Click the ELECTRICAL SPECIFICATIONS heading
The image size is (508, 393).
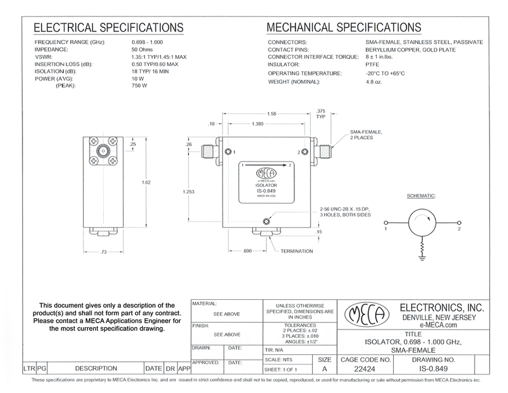click(x=108, y=28)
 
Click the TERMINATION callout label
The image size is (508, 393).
click(x=297, y=251)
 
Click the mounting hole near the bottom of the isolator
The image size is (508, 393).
click(x=267, y=220)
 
